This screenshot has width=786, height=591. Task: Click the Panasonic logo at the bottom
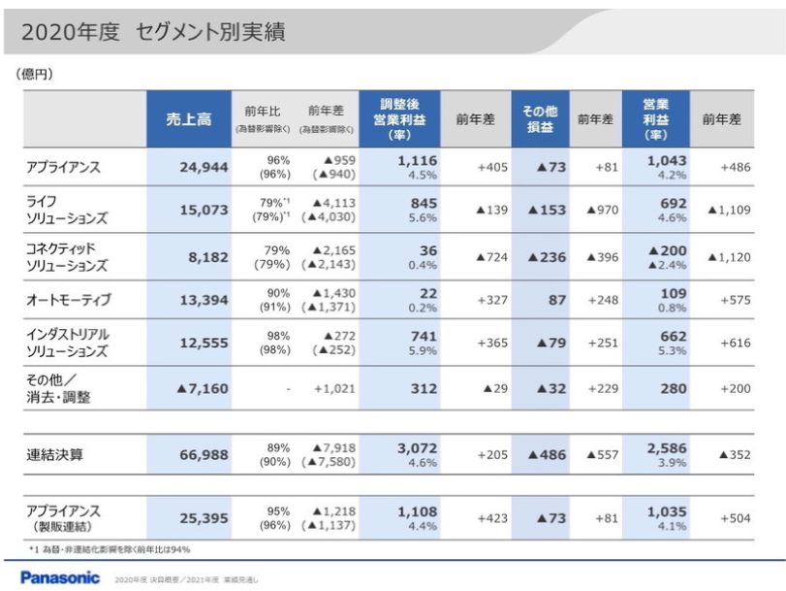60,577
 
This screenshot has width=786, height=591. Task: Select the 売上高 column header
187,119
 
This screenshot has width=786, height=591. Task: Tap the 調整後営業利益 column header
398,119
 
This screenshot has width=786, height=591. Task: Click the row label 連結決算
55,453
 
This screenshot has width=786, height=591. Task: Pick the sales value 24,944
204,167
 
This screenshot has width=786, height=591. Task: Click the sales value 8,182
208,257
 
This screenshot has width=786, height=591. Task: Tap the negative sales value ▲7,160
202,389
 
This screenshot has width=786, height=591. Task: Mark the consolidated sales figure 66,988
204,454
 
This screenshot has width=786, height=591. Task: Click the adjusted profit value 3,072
417,447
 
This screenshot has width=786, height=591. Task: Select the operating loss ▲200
666,249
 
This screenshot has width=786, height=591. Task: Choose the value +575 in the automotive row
736,300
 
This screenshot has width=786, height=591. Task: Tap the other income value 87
556,300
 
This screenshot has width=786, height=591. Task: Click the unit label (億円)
35,74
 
